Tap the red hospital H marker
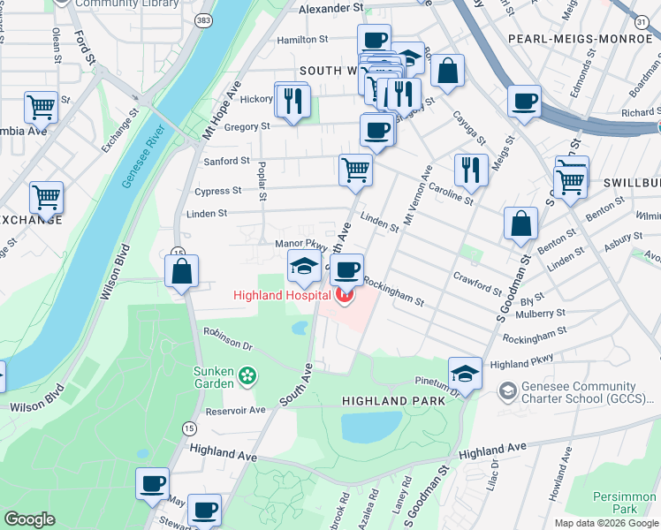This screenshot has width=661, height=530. pos(345,295)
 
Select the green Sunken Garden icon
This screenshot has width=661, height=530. pos(248,375)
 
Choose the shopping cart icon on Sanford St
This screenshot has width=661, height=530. pos(355,168)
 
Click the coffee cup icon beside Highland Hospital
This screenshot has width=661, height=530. pos(347,269)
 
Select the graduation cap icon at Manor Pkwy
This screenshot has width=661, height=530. pos(303,265)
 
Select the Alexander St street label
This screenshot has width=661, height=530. pos(331,8)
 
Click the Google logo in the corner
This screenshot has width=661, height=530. pos(30,519)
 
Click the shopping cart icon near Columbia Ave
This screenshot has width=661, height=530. pos(41,107)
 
